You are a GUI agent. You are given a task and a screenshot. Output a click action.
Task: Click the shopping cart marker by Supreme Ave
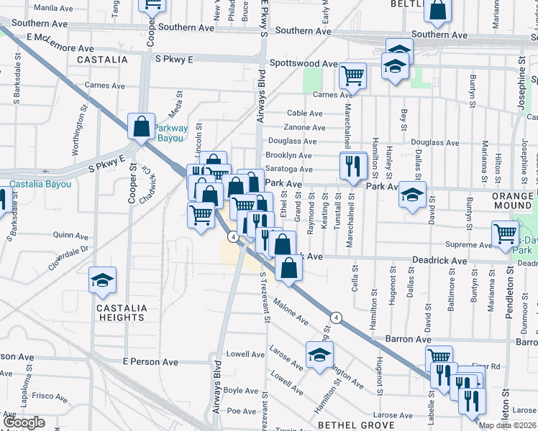[x=505, y=233]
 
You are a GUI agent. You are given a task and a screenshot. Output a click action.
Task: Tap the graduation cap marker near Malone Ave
[x=319, y=354]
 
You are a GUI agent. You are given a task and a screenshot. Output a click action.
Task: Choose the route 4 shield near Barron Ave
[x=335, y=318]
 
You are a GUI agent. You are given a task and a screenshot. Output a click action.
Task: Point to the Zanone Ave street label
[x=305, y=128]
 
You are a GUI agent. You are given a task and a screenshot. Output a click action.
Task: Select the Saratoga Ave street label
[x=288, y=170]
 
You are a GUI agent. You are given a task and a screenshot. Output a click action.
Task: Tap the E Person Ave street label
[x=150, y=362]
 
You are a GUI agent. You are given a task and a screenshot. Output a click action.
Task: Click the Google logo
[x=24, y=422]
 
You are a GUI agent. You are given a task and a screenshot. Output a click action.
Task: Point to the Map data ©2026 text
[x=507, y=425]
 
